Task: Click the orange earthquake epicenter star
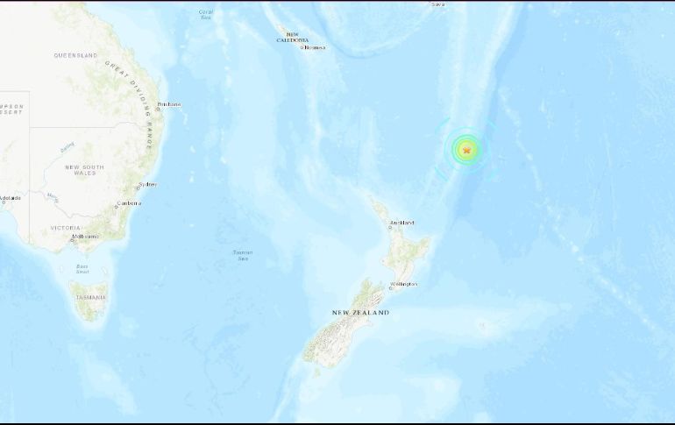[x=466, y=151]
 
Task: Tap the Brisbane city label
[x=169, y=105]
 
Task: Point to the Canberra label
[x=130, y=203]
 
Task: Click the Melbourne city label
[x=85, y=237]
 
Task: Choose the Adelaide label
[x=10, y=198]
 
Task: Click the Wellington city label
[x=404, y=284]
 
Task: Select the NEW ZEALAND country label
[x=360, y=313]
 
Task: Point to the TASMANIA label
[x=90, y=298]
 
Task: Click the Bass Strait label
[x=82, y=269]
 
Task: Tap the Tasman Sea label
[x=243, y=255]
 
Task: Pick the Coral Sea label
[x=206, y=14]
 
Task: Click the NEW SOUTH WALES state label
[x=84, y=170]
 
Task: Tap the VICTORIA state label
[x=66, y=228]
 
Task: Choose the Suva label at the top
[x=437, y=4]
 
